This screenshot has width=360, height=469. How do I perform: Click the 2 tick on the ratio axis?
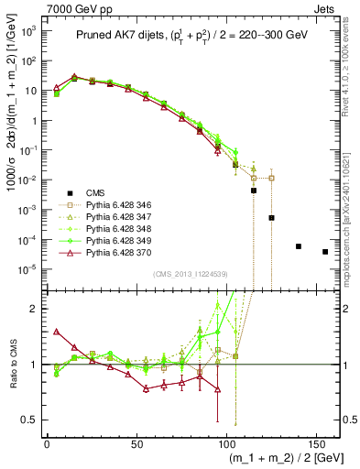coord(37,309)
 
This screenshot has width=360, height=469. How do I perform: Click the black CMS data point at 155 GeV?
coord(325,252)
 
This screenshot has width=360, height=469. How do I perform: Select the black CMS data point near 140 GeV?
coord(299,246)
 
